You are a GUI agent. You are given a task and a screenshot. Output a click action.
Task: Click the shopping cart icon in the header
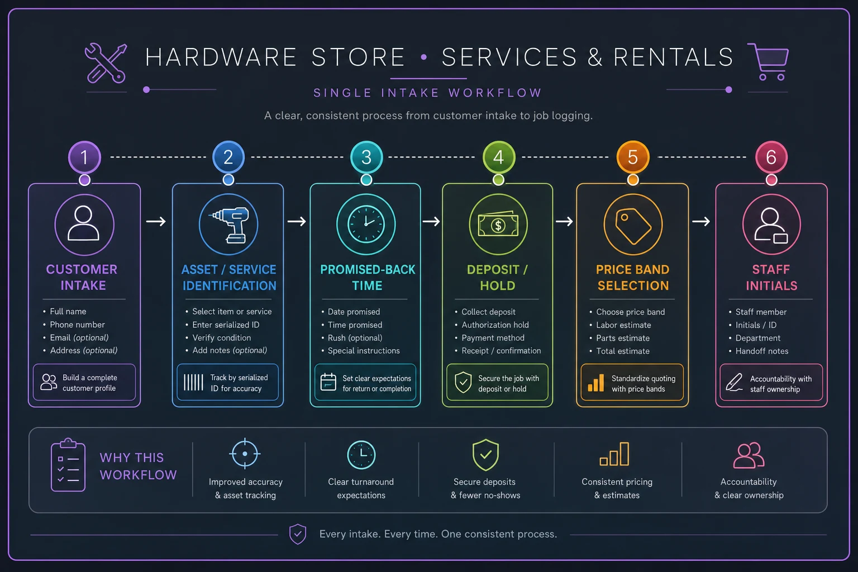(x=769, y=61)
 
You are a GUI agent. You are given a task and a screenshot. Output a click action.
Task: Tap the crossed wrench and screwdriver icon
(x=106, y=63)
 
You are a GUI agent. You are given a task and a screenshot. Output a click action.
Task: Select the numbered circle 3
(x=366, y=157)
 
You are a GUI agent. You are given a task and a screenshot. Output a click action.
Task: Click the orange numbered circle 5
(x=633, y=157)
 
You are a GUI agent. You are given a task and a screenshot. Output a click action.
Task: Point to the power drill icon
(x=229, y=225)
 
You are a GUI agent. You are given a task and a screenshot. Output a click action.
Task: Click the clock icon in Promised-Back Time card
(x=366, y=224)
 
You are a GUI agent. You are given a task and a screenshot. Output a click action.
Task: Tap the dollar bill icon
(x=498, y=224)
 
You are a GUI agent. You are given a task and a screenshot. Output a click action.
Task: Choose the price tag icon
(x=633, y=226)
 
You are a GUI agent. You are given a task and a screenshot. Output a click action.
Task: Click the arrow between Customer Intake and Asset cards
(x=156, y=221)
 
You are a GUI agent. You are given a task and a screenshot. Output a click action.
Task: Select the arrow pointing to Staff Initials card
(x=701, y=221)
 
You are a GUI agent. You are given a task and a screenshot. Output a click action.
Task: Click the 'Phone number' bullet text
(x=78, y=325)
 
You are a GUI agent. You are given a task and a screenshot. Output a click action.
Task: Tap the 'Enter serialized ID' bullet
(x=226, y=325)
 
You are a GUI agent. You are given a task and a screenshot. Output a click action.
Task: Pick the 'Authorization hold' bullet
(x=495, y=325)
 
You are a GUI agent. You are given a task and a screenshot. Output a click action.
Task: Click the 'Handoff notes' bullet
(x=761, y=351)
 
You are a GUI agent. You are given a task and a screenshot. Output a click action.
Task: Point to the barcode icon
(x=193, y=382)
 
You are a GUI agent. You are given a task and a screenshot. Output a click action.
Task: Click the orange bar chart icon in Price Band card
(x=596, y=383)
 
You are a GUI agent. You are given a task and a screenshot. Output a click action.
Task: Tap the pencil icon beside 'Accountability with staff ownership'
(x=734, y=382)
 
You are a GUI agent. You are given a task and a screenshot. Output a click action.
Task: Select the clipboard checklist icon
(x=68, y=465)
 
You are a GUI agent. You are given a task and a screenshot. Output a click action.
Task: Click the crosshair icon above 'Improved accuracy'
(x=245, y=454)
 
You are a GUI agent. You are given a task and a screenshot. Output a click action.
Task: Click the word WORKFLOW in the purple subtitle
(x=495, y=93)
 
